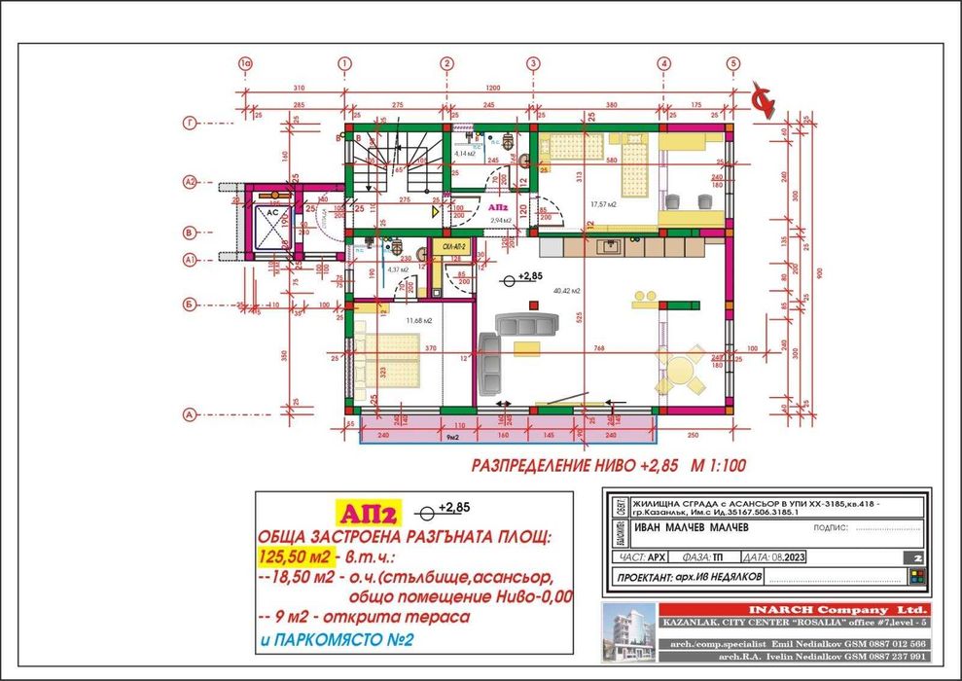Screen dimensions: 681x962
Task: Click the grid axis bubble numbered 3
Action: click(x=533, y=63)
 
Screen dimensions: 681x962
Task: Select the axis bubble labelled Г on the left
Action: click(x=191, y=124)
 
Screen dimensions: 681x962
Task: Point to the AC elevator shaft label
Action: click(x=273, y=211)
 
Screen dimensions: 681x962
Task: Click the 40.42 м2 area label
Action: click(x=567, y=291)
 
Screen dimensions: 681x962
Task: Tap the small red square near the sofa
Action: click(x=533, y=305)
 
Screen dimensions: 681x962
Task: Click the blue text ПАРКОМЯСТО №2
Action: click(x=335, y=641)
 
